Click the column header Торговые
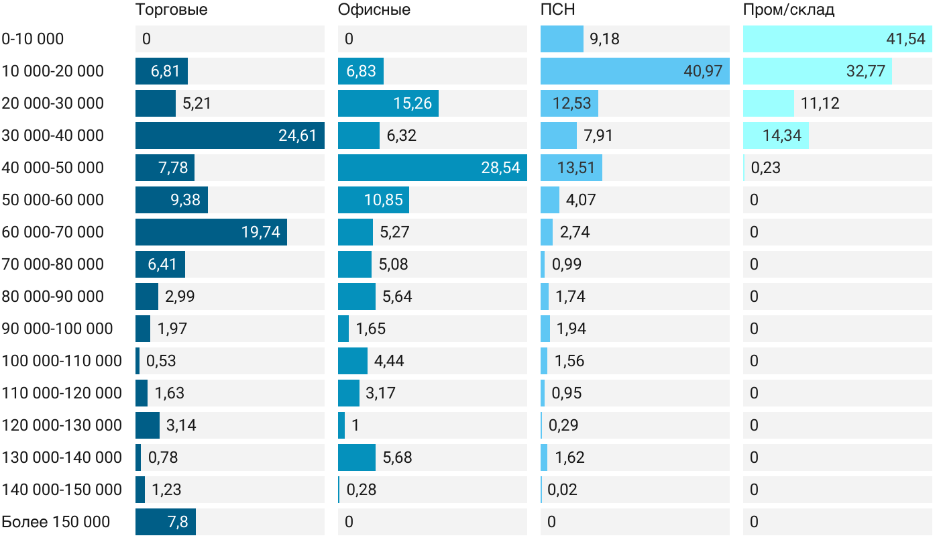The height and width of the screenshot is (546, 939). pos(171,10)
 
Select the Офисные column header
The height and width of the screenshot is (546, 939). pos(374,10)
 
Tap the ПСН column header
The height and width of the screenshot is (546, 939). pos(558,10)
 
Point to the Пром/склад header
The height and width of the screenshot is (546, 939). pos(789,10)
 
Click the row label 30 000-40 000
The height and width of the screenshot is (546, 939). pos(53,135)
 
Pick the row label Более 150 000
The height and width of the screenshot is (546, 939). pos(56,522)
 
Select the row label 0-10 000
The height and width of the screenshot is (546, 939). pos(33,39)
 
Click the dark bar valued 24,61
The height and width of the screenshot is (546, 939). pos(230,135)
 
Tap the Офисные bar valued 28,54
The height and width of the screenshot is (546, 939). pos(433,168)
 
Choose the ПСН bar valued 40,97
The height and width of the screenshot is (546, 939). pos(635,71)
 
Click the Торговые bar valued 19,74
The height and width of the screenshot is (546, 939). pos(211,232)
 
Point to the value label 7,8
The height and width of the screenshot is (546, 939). pos(178,522)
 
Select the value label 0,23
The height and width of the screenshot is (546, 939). pos(766,168)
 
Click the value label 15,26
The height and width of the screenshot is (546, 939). pos(412,103)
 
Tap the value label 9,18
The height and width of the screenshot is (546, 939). pos(604,39)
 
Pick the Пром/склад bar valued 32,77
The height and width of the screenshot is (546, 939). pos(818,71)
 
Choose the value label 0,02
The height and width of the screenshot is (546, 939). pos(562,490)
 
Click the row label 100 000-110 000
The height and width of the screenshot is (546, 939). pos(62,361)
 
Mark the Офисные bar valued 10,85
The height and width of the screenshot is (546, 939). pos(374,200)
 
